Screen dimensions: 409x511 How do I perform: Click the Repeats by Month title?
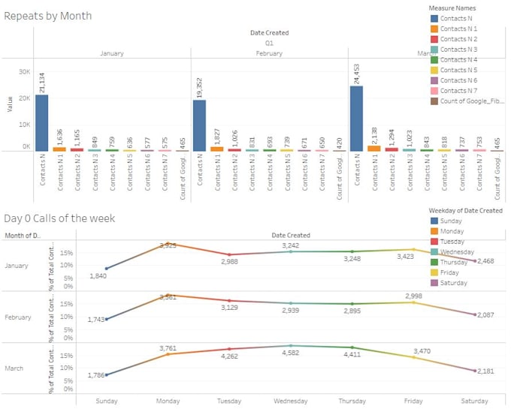tap(48, 16)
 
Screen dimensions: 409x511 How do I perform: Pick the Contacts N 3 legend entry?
tap(458, 50)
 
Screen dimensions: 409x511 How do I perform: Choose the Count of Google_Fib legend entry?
tap(464, 101)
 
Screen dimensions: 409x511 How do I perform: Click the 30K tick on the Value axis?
tap(24, 71)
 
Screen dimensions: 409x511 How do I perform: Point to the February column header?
tap(269, 53)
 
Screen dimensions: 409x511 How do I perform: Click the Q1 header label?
tap(269, 44)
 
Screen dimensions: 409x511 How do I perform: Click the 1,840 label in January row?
tap(98, 276)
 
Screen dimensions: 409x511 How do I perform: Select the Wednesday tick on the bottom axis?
tap(291, 401)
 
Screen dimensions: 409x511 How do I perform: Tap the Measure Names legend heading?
tap(452, 8)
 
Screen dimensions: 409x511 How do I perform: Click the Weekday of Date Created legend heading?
tap(465, 211)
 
